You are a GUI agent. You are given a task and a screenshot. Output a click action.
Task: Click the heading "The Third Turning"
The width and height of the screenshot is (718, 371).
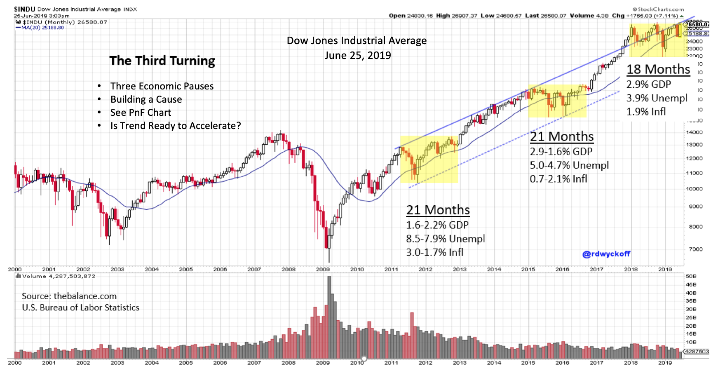[162, 61]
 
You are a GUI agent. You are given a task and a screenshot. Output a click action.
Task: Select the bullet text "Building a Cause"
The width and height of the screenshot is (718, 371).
[146, 99]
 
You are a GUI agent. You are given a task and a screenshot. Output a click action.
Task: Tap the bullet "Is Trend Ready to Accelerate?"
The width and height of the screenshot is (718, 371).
[175, 126]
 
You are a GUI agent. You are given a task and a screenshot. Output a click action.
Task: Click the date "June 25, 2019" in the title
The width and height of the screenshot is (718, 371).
[357, 55]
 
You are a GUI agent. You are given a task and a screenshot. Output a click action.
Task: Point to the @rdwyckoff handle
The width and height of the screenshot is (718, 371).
[606, 254]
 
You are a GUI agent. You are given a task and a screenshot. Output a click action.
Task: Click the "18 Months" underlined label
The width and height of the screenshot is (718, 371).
[658, 69]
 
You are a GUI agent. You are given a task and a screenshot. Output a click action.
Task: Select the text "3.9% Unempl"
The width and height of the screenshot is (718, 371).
[657, 98]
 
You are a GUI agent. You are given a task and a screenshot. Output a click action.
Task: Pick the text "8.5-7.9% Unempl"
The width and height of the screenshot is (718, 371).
[445, 239]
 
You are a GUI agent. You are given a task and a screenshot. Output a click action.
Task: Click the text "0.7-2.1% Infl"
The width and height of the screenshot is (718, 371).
[558, 179]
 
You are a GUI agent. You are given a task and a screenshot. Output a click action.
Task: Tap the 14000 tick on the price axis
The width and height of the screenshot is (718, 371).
[694, 132]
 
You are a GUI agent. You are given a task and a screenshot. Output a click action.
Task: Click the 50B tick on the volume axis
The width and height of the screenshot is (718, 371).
[691, 276]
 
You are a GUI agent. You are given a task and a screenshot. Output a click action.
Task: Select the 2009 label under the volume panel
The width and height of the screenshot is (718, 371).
[323, 363]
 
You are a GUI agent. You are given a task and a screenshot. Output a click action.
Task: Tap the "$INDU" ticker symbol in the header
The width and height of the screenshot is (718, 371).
[24, 9]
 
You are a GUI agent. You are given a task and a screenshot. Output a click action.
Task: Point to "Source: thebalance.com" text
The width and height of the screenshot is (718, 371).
[69, 296]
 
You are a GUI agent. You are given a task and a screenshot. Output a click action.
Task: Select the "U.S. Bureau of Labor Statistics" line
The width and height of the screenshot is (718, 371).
[80, 308]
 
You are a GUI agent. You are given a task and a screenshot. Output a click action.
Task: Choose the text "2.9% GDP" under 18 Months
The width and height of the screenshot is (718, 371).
[648, 84]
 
